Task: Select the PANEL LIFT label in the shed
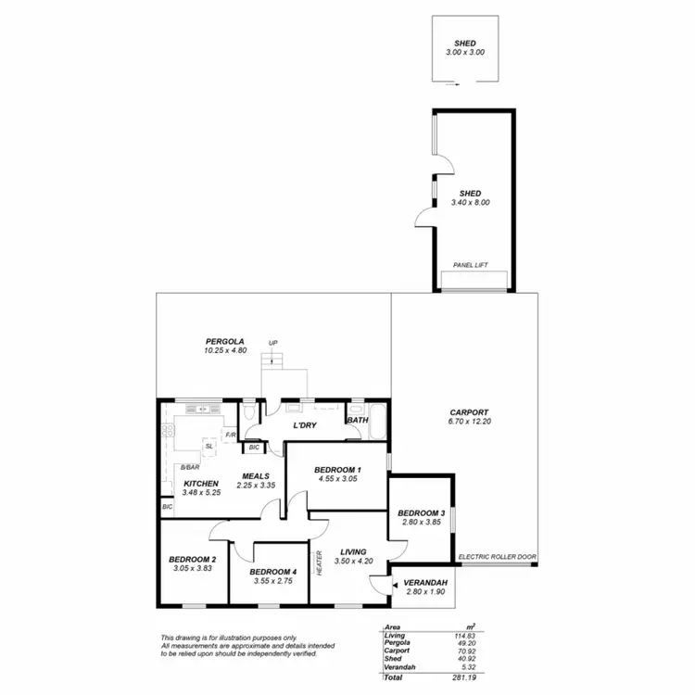tap(471, 265)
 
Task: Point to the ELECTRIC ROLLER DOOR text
tap(498, 557)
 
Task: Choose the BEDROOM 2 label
tap(193, 559)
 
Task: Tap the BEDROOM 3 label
tap(422, 512)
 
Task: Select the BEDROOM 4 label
tap(273, 571)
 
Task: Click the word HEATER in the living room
tap(320, 563)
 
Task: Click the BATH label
tap(357, 420)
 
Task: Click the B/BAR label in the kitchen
tap(190, 467)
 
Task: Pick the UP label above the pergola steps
tap(272, 344)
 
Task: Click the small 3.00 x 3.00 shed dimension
tap(464, 53)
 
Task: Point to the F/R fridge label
tap(230, 435)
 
